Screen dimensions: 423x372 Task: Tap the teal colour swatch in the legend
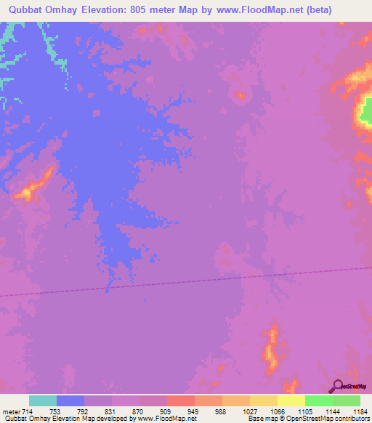43,400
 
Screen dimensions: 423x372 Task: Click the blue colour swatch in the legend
70,400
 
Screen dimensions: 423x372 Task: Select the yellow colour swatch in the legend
291,400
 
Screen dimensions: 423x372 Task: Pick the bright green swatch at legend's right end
347,400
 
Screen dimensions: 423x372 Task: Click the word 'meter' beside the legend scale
9,411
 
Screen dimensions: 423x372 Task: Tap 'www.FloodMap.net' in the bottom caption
166,419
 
